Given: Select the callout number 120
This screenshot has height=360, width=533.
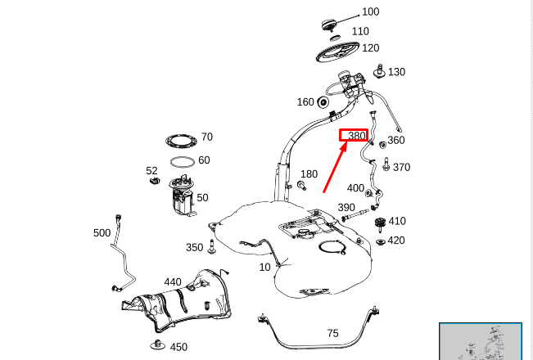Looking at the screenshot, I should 370,48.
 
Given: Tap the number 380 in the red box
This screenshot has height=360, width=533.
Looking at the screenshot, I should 355,136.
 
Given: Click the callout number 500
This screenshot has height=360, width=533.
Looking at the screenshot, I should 102,233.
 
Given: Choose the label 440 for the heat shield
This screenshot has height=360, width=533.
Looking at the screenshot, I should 173,282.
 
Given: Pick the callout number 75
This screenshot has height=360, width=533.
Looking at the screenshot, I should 332,333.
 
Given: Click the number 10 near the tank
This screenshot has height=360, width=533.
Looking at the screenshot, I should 264,268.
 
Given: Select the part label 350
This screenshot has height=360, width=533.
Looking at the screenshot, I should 194,248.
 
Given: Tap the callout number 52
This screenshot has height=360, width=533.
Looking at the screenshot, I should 151,171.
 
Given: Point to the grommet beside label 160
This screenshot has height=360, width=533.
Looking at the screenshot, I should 323,102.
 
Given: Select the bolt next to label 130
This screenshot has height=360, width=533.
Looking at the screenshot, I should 378,72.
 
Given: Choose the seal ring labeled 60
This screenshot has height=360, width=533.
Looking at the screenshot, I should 183,160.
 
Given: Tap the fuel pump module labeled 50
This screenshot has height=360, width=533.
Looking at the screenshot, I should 182,196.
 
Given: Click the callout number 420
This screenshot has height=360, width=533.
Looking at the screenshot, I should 396,241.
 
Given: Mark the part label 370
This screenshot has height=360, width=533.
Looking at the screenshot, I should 401,168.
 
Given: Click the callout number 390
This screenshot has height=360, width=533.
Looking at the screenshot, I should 346,208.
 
